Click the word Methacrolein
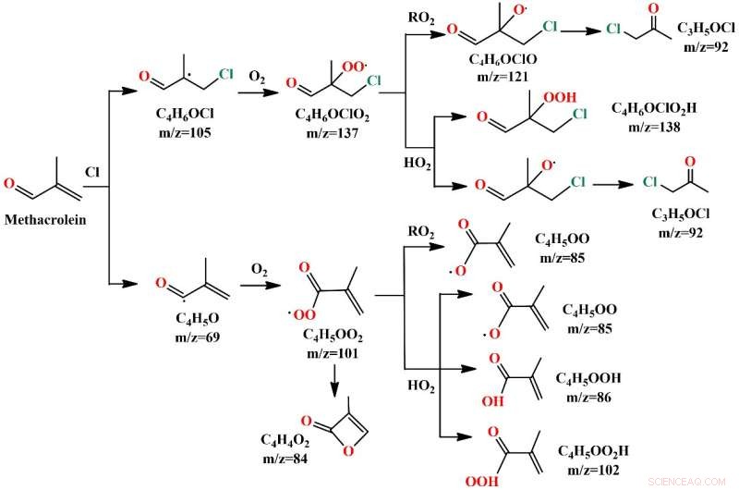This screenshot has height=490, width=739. click(45, 221)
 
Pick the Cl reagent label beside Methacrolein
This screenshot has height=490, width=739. click(92, 173)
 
